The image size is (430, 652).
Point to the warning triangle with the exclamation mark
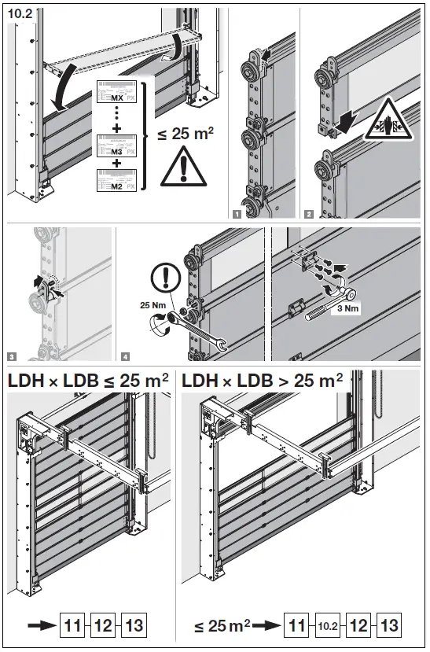click(183, 168)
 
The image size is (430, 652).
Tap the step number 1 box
click(237, 212)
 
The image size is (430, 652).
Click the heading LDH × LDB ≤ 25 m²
click(88, 380)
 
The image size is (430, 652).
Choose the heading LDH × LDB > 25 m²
click(263, 380)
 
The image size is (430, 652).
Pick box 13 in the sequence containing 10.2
click(389, 626)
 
